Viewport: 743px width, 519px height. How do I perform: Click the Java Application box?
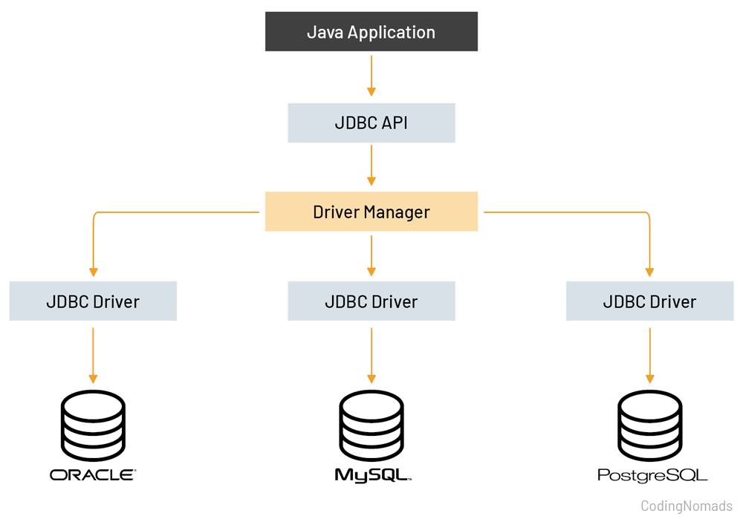click(371, 32)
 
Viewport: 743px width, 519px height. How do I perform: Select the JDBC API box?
click(371, 123)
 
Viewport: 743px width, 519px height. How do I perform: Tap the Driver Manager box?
click(371, 212)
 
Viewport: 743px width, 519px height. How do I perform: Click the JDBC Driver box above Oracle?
click(93, 301)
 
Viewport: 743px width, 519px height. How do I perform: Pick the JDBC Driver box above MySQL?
click(371, 301)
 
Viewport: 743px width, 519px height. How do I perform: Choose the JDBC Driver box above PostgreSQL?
click(649, 301)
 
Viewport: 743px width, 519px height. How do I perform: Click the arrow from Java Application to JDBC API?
click(371, 76)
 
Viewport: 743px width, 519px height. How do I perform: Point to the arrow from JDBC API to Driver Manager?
click(371, 166)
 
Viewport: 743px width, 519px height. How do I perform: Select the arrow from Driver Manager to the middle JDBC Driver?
click(371, 255)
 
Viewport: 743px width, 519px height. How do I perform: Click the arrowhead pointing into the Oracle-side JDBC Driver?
click(93, 272)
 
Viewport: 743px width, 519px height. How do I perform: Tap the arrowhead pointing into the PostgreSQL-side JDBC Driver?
click(649, 272)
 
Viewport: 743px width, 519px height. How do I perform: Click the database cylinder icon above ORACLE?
click(93, 426)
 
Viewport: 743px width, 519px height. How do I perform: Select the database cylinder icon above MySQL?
click(371, 426)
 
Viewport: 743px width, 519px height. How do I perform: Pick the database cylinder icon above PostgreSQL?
click(649, 426)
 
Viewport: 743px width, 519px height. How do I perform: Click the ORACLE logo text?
click(93, 474)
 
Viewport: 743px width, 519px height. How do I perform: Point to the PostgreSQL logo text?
click(652, 475)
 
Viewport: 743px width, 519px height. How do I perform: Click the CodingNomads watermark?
click(686, 506)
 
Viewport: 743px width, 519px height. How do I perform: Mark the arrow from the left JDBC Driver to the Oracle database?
click(93, 355)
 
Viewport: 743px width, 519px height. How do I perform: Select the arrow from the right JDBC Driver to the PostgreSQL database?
click(649, 355)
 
